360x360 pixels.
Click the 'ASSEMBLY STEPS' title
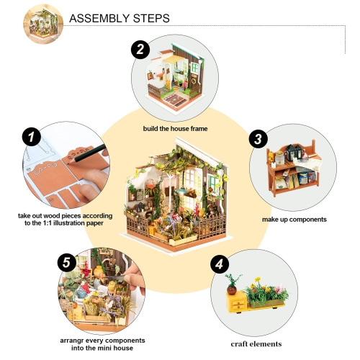[x=119, y=18]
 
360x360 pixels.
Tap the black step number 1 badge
[x=29, y=136]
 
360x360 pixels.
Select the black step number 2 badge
[x=140, y=50]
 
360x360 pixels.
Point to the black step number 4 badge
[x=219, y=264]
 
